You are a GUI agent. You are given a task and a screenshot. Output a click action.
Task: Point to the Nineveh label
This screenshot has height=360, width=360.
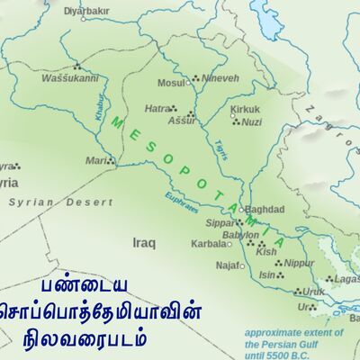pos(220,78)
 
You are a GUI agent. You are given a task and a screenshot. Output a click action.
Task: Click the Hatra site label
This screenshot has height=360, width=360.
pos(157,108)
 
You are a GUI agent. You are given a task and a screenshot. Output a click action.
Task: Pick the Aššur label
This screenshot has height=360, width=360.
pos(181,119)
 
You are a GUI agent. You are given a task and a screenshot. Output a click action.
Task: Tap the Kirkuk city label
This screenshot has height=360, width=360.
pos(245,109)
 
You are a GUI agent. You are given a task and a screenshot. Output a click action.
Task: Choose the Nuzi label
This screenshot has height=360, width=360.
pos(252,121)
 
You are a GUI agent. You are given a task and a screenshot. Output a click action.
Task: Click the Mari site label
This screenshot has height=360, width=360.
pos(96,160)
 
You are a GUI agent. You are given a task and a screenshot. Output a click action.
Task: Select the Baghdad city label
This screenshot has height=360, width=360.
pos(265,209)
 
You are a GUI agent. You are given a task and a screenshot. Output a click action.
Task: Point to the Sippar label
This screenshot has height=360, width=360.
pos(220,221)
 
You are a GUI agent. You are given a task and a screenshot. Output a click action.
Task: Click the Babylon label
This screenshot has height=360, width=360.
pos(240,235)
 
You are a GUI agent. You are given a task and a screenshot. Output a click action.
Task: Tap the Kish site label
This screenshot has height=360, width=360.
pos(266,252)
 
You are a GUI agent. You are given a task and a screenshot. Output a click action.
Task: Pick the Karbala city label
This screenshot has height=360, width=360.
pos(208,243)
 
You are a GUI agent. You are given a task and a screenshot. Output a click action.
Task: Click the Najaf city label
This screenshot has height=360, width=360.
pos(228,265)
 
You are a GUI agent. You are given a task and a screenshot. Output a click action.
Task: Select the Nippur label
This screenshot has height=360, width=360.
pos(299,264)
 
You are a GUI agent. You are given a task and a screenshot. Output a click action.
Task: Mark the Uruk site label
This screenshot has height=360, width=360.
pos(312,292)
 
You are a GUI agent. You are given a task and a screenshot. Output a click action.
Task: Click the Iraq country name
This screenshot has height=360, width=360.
pos(144,243)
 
